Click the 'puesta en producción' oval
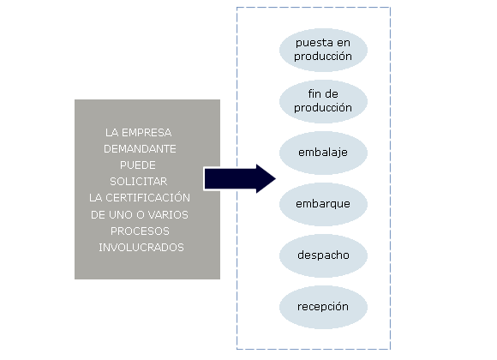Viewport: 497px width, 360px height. (x=323, y=50)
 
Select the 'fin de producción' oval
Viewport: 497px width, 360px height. (x=323, y=101)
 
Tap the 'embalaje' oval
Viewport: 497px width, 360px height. (x=323, y=153)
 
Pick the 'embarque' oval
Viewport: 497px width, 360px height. (x=323, y=204)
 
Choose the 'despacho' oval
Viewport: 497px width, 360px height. (x=323, y=255)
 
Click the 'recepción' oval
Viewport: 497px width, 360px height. (x=323, y=307)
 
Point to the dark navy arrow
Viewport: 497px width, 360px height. (x=240, y=179)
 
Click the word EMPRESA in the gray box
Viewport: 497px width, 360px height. (x=147, y=133)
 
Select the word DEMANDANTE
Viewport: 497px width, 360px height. (x=140, y=149)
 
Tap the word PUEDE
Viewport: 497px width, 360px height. (x=138, y=165)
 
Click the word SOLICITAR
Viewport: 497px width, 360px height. (x=139, y=182)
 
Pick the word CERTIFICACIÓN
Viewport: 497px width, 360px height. (x=147, y=197)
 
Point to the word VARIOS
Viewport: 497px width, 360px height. (x=168, y=215)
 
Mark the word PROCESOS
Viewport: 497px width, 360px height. (x=140, y=231)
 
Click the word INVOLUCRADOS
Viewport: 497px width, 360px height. (x=141, y=248)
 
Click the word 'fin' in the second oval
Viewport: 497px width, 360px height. (x=314, y=94)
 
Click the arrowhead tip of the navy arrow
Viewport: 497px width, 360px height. (x=275, y=179)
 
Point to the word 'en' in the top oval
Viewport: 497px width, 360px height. (x=344, y=43)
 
